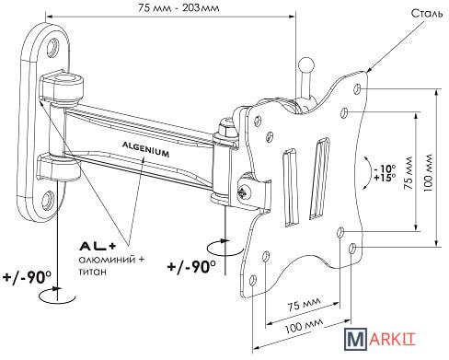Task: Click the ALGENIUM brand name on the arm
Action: pyautogui.click(x=146, y=149)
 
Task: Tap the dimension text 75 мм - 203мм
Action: pyautogui.click(x=178, y=7)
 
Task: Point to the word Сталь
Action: pyautogui.click(x=427, y=14)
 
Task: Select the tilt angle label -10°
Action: pyautogui.click(x=385, y=168)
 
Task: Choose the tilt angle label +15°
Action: pyautogui.click(x=385, y=178)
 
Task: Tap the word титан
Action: pyautogui.click(x=93, y=272)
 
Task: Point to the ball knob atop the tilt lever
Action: pyautogui.click(x=306, y=65)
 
